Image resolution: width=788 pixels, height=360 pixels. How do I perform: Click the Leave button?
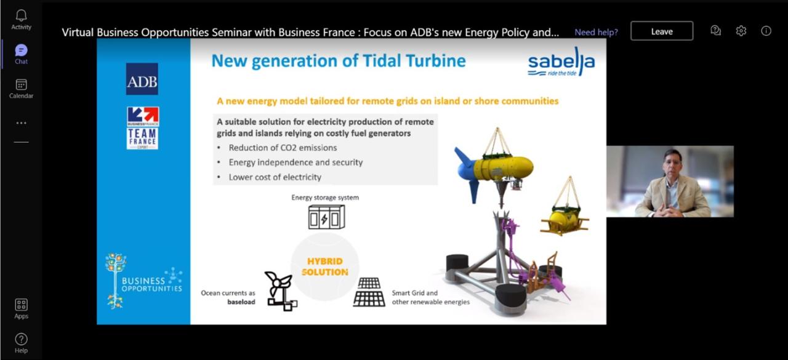[x=662, y=31]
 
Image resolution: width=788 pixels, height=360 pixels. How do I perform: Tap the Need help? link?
[x=597, y=32]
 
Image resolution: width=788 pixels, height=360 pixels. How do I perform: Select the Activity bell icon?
[x=21, y=15]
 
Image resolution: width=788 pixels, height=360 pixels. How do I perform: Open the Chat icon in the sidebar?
[x=21, y=50]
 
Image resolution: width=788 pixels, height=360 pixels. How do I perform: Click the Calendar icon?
[x=21, y=84]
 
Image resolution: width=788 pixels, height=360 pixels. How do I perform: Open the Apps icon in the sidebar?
[x=21, y=305]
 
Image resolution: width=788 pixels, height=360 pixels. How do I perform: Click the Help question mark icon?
[x=21, y=339]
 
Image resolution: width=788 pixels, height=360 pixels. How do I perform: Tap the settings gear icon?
[x=741, y=31]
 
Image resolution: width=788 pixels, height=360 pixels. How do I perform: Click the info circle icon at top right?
[x=766, y=31]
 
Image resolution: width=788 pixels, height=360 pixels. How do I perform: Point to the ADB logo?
[x=142, y=79]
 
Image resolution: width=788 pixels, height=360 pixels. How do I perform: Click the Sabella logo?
[x=561, y=61]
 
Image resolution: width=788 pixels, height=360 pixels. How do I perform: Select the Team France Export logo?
[x=142, y=128]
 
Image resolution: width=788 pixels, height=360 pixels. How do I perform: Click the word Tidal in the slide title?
[x=382, y=60]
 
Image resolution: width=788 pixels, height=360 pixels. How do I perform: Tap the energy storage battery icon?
[x=326, y=217]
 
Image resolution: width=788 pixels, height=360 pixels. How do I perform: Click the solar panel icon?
[x=369, y=292]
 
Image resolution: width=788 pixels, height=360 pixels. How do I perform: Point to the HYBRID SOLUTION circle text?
[x=324, y=266]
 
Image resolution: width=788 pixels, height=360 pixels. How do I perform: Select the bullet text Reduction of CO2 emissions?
[x=283, y=148]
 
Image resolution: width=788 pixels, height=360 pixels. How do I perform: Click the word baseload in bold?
[x=241, y=302]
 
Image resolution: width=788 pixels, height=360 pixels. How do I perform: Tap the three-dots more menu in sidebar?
[x=21, y=123]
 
